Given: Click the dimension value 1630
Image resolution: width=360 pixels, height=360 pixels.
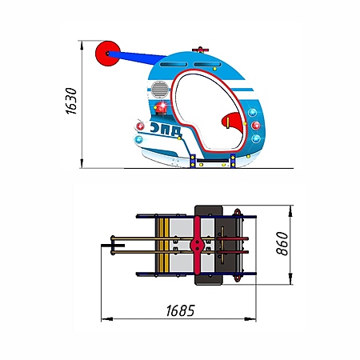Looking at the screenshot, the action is (71, 101).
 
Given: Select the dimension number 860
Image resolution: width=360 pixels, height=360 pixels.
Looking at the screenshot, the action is (282, 243).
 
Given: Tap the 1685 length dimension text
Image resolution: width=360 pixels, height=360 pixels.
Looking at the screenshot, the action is (180, 310).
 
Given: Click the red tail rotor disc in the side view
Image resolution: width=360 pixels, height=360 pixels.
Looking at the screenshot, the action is (108, 54).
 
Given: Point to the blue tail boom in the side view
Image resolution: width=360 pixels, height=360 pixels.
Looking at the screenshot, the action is (138, 58).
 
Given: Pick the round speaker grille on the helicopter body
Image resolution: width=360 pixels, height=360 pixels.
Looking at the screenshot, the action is (160, 90).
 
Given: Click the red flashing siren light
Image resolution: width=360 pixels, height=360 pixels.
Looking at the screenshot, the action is (161, 107).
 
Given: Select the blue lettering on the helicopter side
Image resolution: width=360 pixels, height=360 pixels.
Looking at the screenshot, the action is (166, 129).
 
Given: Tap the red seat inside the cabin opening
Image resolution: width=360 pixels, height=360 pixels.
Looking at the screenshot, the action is (232, 122).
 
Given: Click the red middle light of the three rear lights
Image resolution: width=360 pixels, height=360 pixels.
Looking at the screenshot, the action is (256, 126).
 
